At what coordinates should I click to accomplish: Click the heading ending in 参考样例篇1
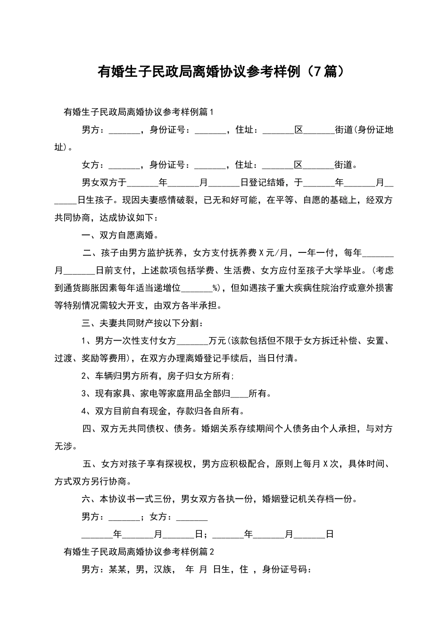139,112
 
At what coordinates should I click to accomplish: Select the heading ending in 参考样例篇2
139,552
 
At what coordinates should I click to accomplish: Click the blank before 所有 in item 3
240,394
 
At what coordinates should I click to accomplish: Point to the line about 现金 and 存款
163,411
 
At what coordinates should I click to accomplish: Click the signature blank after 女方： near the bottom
191,517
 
